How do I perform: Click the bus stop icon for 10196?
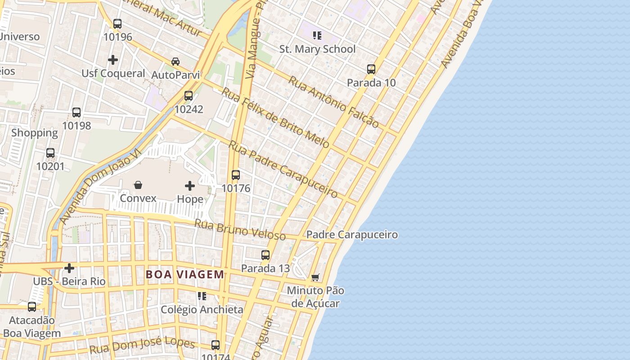[x=117, y=23]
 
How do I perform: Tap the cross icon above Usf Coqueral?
[x=113, y=59]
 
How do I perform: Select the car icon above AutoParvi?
[x=175, y=61]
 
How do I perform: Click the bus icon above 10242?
[x=189, y=95]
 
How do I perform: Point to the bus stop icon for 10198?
[x=76, y=112]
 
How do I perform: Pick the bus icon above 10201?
[x=50, y=153]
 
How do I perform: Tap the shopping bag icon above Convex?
[x=138, y=185]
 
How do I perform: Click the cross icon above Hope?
[x=190, y=185]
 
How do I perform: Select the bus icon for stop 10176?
[x=236, y=175]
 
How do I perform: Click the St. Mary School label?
[x=317, y=49]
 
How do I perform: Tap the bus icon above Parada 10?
[x=371, y=69]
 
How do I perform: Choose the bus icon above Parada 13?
[x=265, y=255]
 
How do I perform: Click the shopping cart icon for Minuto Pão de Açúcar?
[x=315, y=277]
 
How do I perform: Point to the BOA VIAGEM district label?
[x=184, y=274]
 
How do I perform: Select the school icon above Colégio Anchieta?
[x=202, y=296]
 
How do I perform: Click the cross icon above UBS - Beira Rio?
[x=69, y=268]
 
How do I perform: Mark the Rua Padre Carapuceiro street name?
[x=283, y=169]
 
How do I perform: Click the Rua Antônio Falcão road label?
[x=333, y=102]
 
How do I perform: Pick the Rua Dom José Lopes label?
[x=142, y=346]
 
